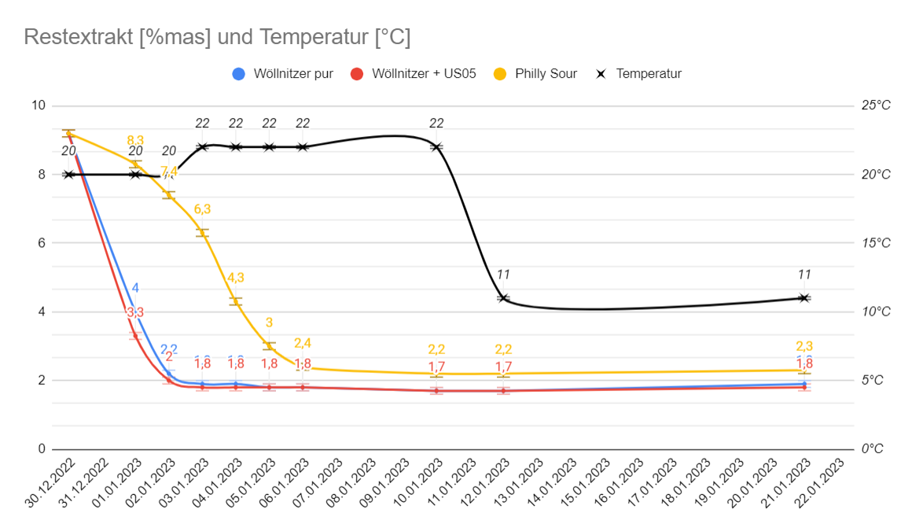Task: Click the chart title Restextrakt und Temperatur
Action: [217, 37]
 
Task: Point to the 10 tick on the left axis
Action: [37, 106]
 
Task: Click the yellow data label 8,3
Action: [135, 141]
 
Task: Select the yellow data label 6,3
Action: [202, 209]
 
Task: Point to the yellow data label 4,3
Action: [236, 278]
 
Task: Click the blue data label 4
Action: [135, 288]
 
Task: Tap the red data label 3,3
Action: [135, 312]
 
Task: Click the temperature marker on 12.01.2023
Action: [503, 298]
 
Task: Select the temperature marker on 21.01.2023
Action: [804, 298]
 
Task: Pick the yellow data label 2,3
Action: [804, 346]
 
